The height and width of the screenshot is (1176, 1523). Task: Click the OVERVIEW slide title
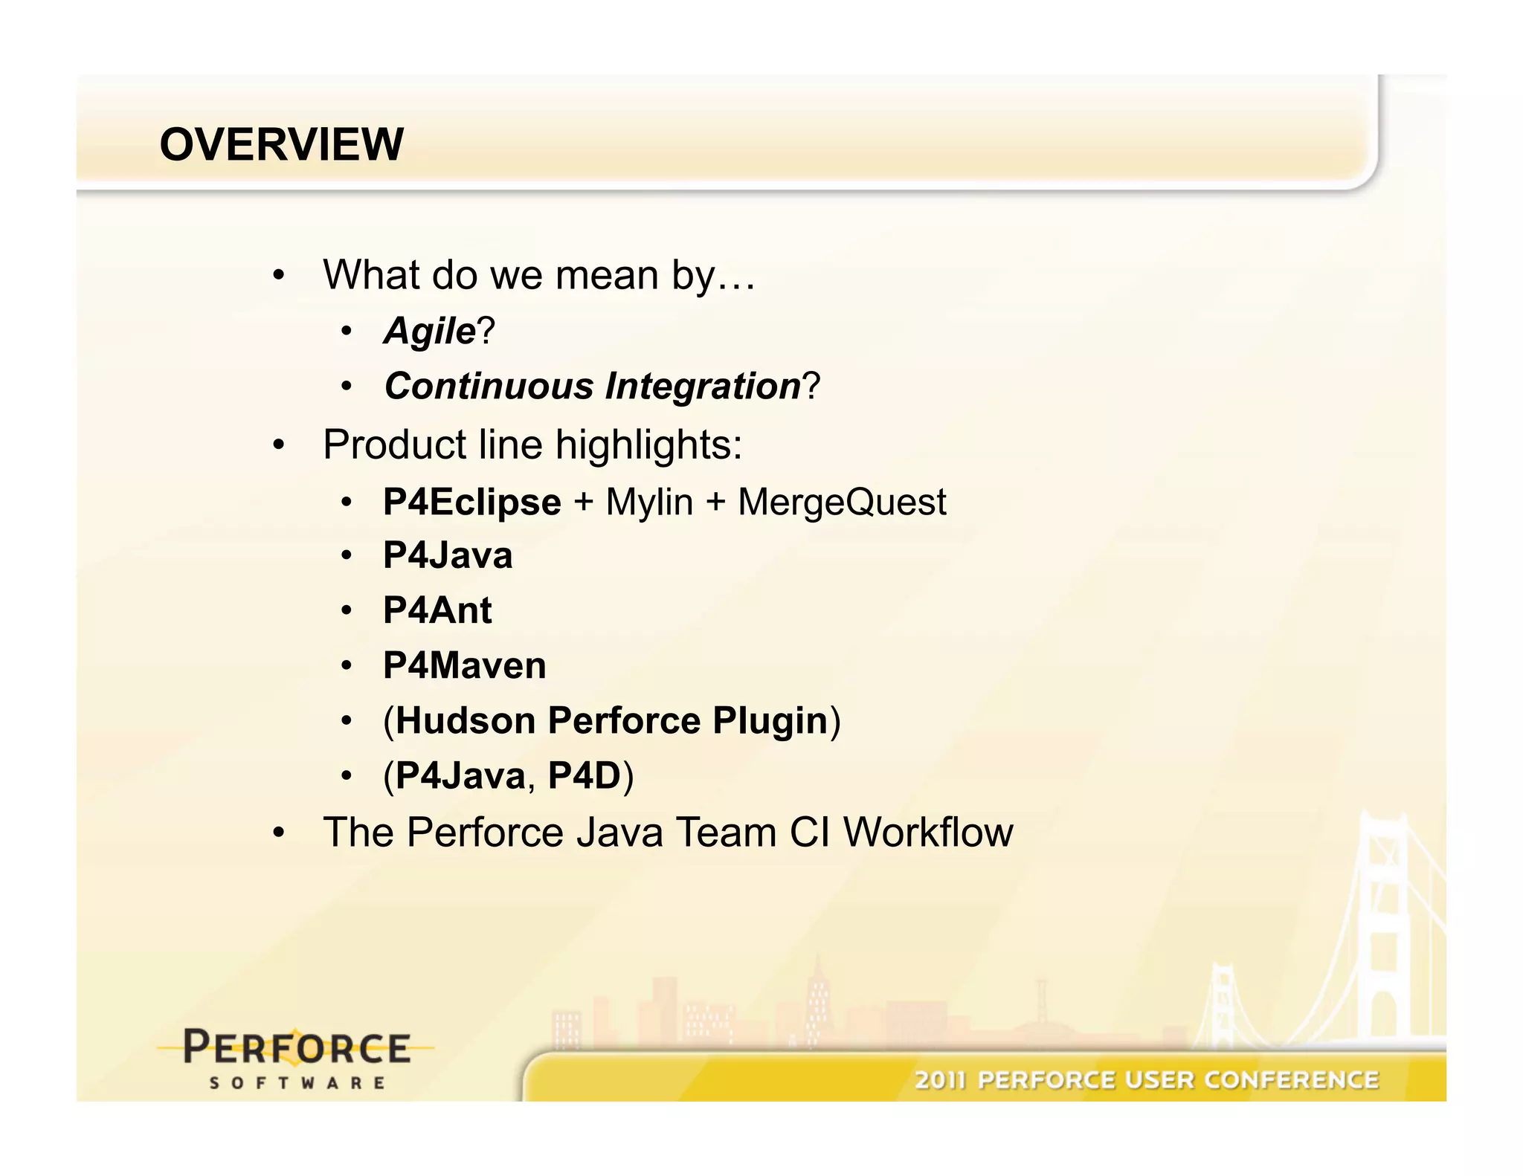tap(281, 144)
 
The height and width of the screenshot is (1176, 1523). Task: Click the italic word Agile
tap(429, 331)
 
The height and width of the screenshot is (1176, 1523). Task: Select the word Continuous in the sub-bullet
tap(489, 387)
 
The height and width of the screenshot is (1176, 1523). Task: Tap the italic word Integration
tap(702, 387)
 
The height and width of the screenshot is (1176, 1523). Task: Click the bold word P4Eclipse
tap(471, 502)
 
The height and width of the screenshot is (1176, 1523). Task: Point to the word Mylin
tap(649, 502)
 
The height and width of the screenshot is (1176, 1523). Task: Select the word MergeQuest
tap(842, 502)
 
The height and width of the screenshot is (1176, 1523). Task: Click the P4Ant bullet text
tap(437, 610)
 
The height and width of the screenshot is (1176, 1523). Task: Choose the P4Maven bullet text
tap(464, 665)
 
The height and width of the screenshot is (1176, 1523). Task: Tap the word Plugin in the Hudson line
tap(770, 720)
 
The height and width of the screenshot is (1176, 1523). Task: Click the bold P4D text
tap(584, 776)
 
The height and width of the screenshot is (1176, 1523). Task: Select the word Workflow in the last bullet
tap(927, 832)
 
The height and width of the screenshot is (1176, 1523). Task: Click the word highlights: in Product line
tap(648, 445)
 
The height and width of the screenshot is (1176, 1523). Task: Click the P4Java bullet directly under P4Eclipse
tap(448, 556)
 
